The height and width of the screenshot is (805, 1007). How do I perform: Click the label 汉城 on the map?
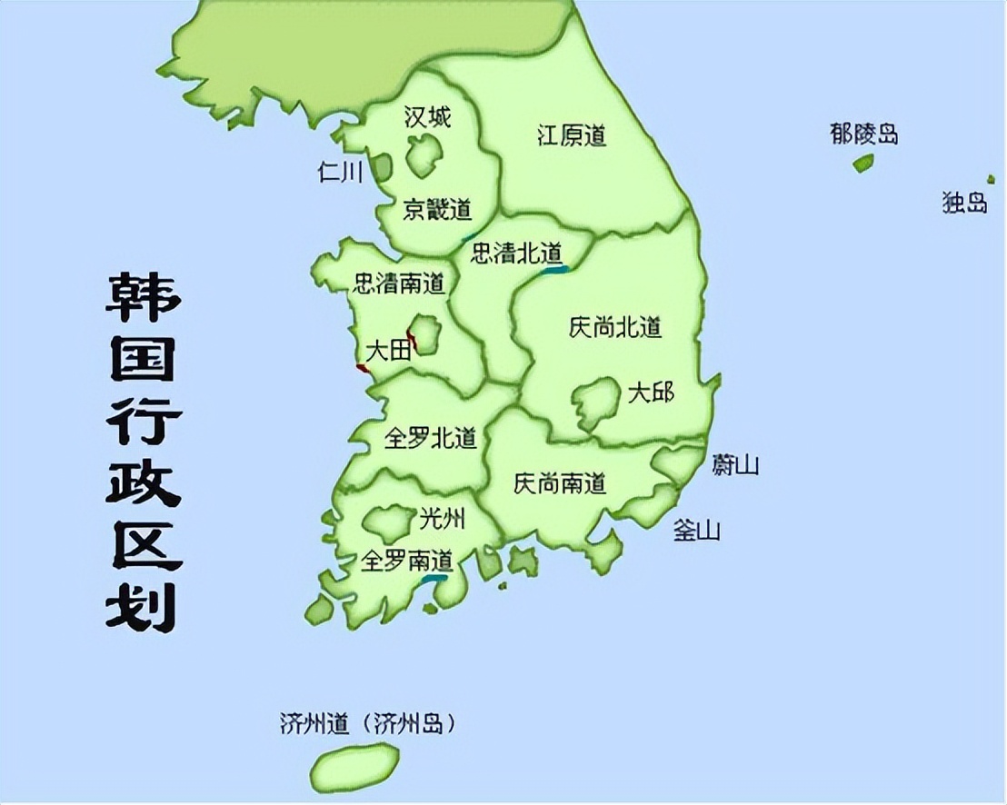(427, 117)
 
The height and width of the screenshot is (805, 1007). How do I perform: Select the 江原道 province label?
(571, 136)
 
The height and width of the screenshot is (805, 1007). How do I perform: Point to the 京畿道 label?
(437, 210)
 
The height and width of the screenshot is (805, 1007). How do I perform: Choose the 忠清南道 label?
(399, 283)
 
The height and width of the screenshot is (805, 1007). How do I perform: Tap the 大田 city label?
(387, 350)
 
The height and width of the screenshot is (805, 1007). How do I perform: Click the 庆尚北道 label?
(614, 327)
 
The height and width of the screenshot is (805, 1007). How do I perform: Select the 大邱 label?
(651, 393)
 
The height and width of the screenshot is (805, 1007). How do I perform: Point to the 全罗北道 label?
(431, 438)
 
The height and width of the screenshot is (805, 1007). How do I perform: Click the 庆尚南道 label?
(559, 482)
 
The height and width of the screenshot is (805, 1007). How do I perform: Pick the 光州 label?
(442, 519)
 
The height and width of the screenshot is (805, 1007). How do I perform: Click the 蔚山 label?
(735, 465)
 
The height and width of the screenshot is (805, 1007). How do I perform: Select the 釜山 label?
(697, 530)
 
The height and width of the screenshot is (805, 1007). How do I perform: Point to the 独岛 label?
(964, 203)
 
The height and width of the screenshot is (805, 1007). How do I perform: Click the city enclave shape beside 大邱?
(594, 402)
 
